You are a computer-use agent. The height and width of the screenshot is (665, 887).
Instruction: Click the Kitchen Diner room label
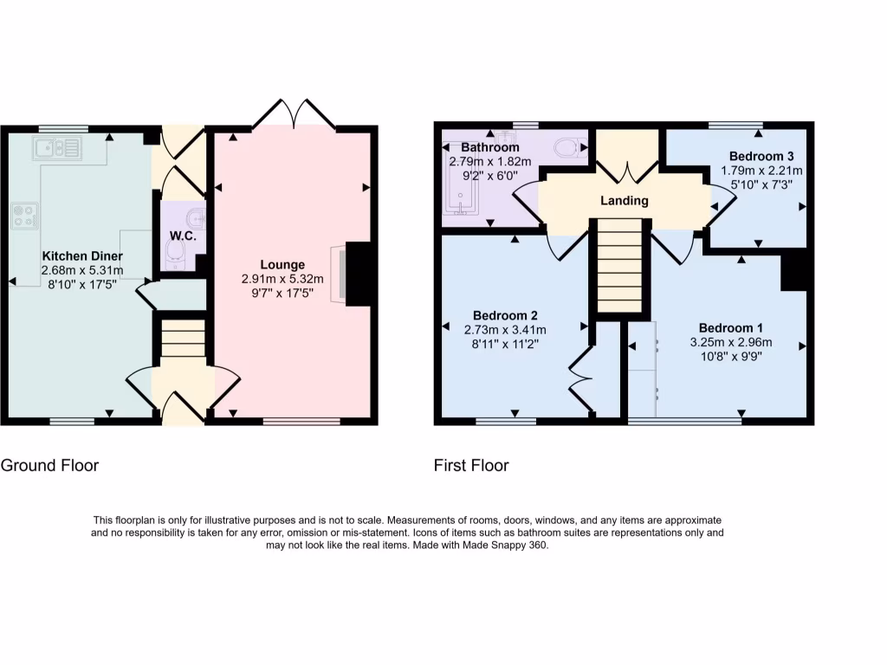[82, 256]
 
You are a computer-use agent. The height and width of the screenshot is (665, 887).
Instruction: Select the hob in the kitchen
[26, 216]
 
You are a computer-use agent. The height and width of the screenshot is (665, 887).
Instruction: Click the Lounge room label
[283, 264]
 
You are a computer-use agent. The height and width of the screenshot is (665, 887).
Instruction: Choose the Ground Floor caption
[49, 465]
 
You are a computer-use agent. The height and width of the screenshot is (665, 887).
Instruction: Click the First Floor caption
[471, 465]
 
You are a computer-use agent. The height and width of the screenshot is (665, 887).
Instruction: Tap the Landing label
[625, 201]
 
